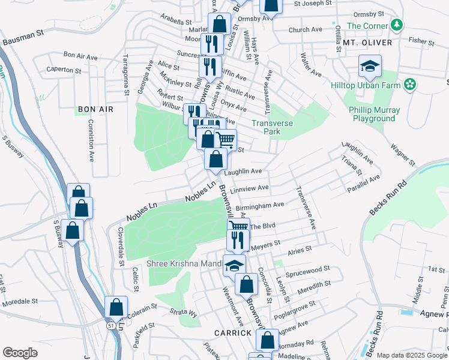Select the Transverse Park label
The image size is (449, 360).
[x=275, y=128]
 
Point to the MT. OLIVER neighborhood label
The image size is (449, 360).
[x=367, y=43]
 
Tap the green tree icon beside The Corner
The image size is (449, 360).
[x=396, y=25]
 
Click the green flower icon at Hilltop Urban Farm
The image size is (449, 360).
[x=410, y=85]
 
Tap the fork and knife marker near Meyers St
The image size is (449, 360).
[x=238, y=240]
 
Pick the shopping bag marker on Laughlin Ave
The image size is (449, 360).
[x=215, y=160]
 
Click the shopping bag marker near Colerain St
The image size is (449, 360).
[x=116, y=308]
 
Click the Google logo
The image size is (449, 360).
[x=20, y=352]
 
